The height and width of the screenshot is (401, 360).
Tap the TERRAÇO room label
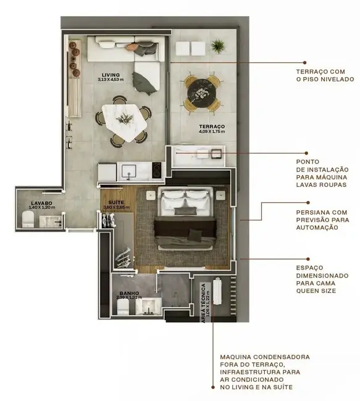click(x=211, y=126)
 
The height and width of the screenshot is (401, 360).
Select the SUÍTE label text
click(x=115, y=202)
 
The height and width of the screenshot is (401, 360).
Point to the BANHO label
click(x=129, y=293)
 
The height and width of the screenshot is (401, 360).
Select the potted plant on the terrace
click(x=217, y=46)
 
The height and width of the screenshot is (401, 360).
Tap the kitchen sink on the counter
click(x=130, y=168)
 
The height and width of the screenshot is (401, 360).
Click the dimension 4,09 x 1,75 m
click(x=211, y=131)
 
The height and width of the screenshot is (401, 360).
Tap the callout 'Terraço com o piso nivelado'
click(x=325, y=75)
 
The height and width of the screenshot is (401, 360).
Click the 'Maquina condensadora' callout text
click(x=266, y=372)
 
